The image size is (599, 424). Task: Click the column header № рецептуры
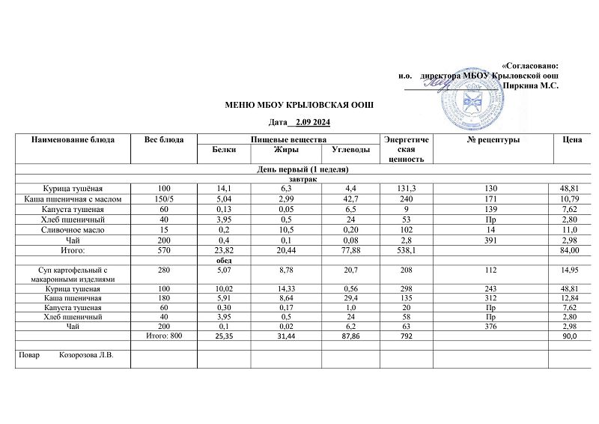(x=493, y=140)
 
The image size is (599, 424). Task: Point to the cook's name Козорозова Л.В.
(x=86, y=355)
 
